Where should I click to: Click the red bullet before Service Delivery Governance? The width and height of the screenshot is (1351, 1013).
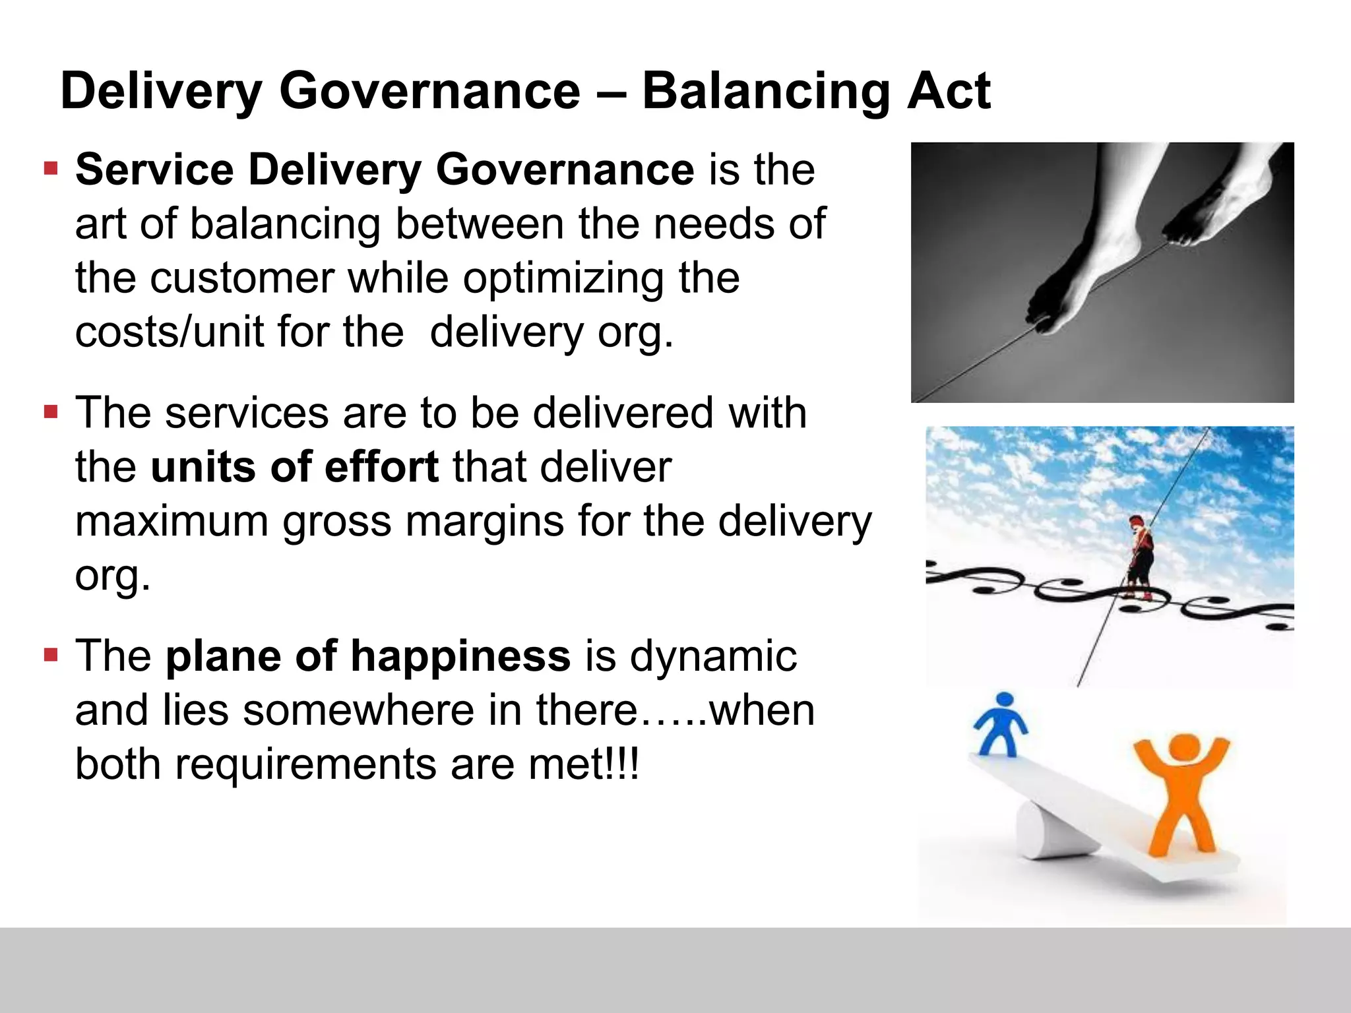(x=51, y=169)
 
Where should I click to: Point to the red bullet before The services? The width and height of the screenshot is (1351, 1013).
(x=51, y=413)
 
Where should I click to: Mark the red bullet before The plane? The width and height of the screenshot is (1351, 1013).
(x=51, y=656)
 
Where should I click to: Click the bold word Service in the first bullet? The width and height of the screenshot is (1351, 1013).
(x=154, y=169)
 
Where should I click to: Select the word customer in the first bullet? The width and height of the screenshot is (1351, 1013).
(x=241, y=278)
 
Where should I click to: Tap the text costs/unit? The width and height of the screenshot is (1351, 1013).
(x=169, y=332)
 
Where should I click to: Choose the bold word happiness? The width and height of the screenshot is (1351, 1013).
(x=460, y=656)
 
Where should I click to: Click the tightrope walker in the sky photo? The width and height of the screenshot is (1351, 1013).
(x=1139, y=557)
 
